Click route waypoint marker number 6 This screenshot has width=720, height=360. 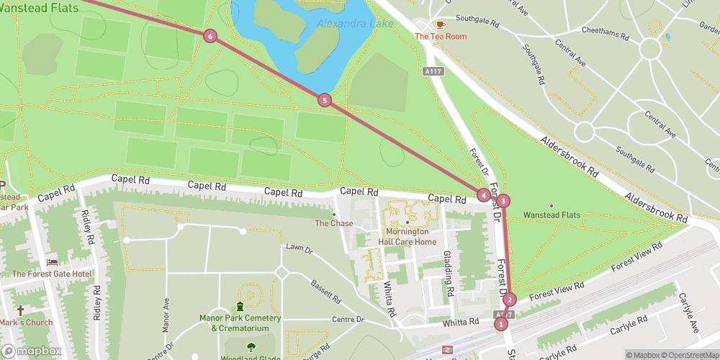pos(210,36)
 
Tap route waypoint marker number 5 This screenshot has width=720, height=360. pos(325,100)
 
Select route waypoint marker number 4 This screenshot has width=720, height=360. pos(483,194)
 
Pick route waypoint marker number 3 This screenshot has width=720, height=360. pos(503,201)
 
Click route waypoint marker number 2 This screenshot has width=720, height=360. pos(510,300)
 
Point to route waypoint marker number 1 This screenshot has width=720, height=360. pos(500,324)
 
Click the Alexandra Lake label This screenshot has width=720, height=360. pos(355,24)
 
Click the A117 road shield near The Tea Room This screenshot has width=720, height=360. pos(432,71)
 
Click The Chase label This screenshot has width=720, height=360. pos(334,223)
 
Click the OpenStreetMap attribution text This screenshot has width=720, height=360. pos(689,355)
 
